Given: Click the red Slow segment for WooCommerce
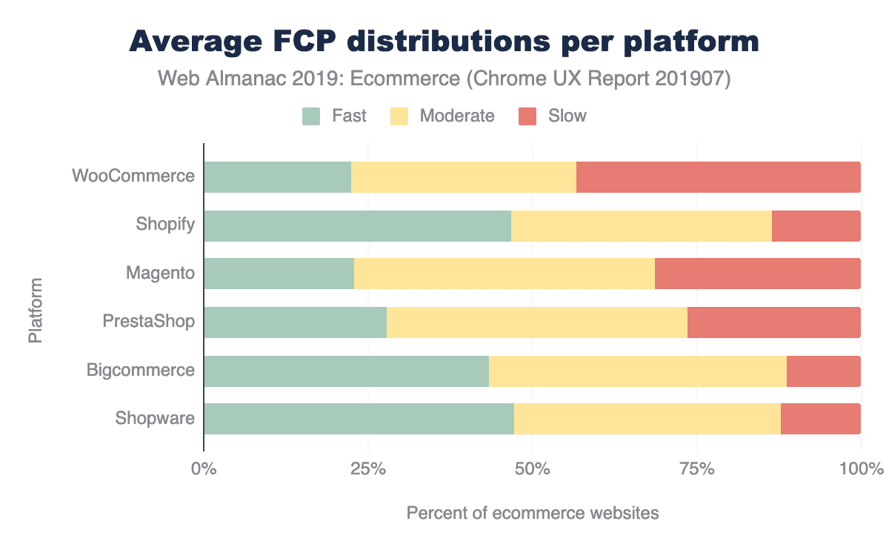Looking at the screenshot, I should pyautogui.click(x=718, y=177).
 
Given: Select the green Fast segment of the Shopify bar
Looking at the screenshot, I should pyautogui.click(x=357, y=226).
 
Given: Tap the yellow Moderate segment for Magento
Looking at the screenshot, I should pyautogui.click(x=504, y=274).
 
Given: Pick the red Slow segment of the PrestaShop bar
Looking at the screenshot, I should pyautogui.click(x=773, y=322).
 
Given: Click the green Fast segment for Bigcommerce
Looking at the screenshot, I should pyautogui.click(x=346, y=371).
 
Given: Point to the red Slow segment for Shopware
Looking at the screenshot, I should pyautogui.click(x=820, y=419).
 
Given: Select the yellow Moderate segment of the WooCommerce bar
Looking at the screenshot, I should pyautogui.click(x=463, y=177).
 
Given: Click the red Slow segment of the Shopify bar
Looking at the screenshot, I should pyautogui.click(x=816, y=226).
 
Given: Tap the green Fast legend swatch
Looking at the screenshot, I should pyautogui.click(x=311, y=116).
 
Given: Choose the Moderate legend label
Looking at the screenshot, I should pyautogui.click(x=456, y=116).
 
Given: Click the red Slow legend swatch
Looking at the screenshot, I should pyautogui.click(x=527, y=116).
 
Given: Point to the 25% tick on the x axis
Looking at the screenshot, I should pyautogui.click(x=368, y=469).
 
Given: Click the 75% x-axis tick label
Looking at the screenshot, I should pyautogui.click(x=697, y=469).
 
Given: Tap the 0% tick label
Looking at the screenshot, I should pyautogui.click(x=203, y=469).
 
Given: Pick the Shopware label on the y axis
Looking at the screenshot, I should pyautogui.click(x=155, y=419).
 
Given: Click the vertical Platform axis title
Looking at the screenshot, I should pyautogui.click(x=35, y=311).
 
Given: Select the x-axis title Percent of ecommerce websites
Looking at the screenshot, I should pyautogui.click(x=532, y=513).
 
